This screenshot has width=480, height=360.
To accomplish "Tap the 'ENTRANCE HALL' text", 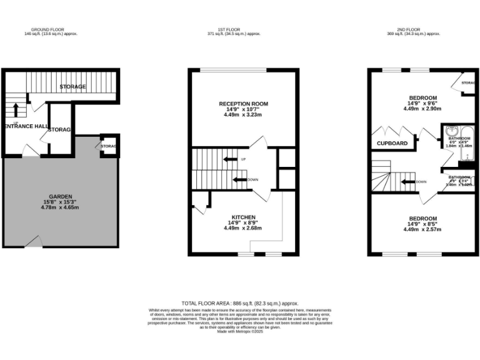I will [x=26, y=126].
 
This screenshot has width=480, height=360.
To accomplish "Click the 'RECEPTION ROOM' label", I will [x=242, y=103].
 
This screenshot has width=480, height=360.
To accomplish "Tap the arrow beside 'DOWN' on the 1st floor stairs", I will [x=239, y=180].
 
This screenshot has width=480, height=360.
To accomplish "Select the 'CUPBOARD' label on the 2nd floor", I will [x=392, y=143].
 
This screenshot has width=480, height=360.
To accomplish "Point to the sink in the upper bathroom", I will [x=451, y=132].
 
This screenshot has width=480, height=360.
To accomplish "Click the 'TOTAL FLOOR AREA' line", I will [x=241, y=302].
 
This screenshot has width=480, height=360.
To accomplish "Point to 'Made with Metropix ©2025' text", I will [x=241, y=332].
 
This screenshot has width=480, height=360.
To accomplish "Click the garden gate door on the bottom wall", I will [x=37, y=242].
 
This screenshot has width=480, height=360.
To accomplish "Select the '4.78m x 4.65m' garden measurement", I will [x=59, y=207].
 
